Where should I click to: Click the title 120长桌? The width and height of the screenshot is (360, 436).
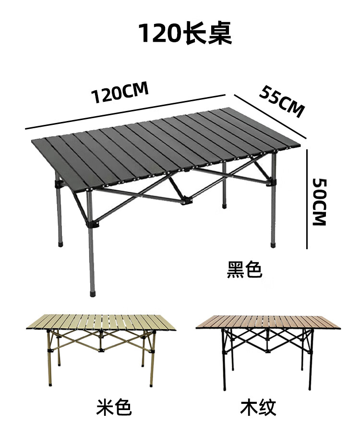[185, 34]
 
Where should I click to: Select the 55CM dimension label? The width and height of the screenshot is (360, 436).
[282, 101]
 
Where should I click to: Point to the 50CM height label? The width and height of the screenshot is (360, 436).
[319, 202]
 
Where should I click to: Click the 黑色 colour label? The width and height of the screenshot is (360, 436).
[244, 269]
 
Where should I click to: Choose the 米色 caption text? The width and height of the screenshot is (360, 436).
[113, 408]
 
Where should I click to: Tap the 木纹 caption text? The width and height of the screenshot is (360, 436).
[258, 408]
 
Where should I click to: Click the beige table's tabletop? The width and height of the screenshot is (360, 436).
[101, 322]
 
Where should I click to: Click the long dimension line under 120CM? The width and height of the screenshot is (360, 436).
[125, 111]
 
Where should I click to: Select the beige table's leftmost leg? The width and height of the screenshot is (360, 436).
[49, 360]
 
